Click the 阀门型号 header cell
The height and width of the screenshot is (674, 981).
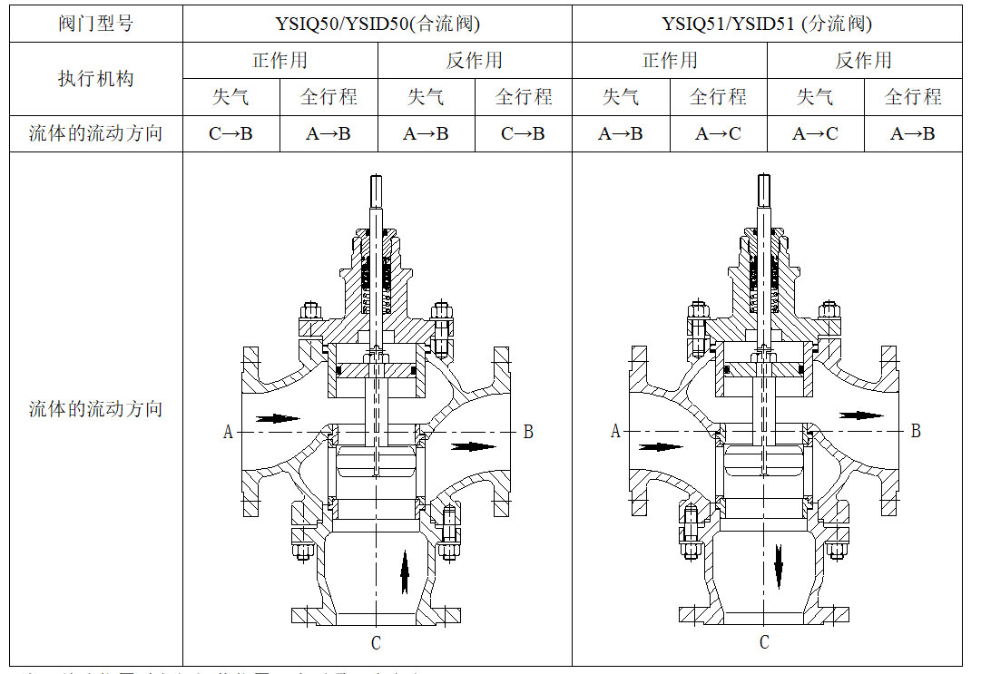(95, 24)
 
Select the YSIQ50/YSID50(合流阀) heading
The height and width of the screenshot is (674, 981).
(377, 24)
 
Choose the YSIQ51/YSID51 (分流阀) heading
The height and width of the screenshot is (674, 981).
(767, 24)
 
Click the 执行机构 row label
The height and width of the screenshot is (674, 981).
(95, 79)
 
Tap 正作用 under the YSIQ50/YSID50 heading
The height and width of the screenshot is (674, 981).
(280, 61)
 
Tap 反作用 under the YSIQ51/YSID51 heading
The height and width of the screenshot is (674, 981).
(864, 61)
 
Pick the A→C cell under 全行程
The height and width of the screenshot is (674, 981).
(718, 134)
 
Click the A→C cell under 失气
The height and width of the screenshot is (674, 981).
(815, 134)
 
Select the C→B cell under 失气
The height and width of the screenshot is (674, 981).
(231, 134)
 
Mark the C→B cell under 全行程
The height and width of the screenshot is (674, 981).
(523, 134)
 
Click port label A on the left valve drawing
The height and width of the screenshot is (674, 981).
(228, 432)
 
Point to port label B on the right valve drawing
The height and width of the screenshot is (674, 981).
(916, 431)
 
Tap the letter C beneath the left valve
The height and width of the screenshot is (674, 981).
(376, 643)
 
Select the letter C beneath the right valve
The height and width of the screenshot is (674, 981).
(764, 642)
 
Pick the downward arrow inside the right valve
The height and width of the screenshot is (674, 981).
(779, 565)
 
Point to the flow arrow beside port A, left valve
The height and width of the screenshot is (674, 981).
(278, 419)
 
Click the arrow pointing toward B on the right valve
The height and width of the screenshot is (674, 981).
(860, 415)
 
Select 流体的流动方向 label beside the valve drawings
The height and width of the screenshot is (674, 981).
(95, 409)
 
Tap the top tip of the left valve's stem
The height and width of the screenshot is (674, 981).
(377, 179)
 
